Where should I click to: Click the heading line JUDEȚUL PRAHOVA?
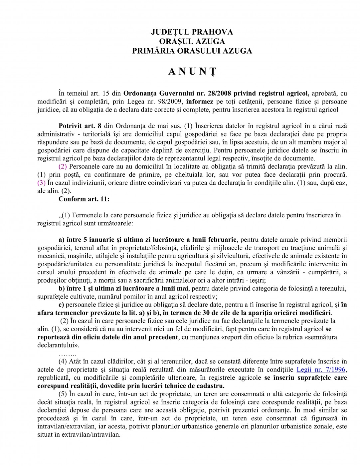coord(192,32)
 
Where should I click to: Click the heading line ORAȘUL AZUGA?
coord(192,41)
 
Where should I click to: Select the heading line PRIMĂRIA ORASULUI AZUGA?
coord(192,51)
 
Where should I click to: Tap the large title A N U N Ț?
coord(192,72)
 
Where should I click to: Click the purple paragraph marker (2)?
coord(63,166)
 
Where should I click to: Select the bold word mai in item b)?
coord(183,288)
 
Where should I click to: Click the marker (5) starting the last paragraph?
coord(64,394)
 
